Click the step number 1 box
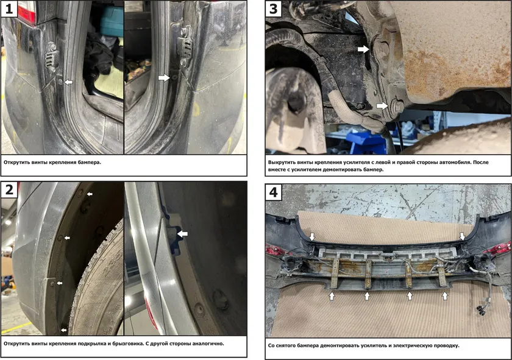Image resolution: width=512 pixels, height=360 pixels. (9, 9)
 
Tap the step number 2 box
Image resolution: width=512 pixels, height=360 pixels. (9, 189)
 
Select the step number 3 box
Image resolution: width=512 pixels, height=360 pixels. (273, 9)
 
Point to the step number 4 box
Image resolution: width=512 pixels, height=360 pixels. (273, 192)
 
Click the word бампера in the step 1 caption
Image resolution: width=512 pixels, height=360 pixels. (90, 162)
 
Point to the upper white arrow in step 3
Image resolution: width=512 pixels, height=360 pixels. (363, 49)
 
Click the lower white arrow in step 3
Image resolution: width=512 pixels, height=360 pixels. (382, 105)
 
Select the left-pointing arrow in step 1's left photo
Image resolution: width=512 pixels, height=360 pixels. (68, 82)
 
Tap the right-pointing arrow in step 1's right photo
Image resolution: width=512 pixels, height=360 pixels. (164, 78)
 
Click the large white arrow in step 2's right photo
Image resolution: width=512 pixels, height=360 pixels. (182, 233)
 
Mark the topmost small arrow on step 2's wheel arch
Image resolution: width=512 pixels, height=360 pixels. (90, 194)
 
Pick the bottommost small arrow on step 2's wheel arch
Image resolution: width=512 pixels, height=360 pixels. (63, 330)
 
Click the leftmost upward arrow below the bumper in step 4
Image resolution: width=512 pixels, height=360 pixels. (332, 295)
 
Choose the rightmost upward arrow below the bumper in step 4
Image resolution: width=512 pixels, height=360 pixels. (445, 295)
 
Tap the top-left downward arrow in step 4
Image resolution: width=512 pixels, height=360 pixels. (313, 236)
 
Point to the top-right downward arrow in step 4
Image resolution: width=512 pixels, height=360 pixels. (463, 236)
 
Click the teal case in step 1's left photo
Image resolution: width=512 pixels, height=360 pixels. (112, 20)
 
